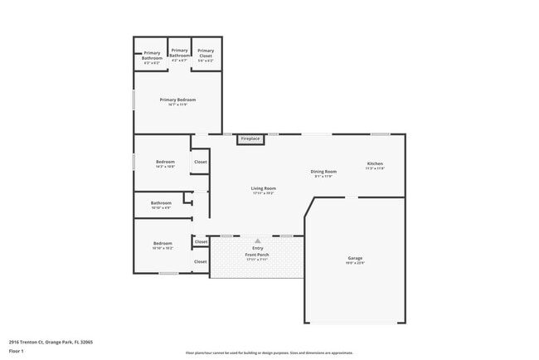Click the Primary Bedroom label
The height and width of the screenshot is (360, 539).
tap(177, 100)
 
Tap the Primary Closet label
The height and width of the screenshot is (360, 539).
tap(205, 53)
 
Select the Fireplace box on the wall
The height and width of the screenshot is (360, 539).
tap(250, 139)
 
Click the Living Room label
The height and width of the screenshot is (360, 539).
tap(263, 188)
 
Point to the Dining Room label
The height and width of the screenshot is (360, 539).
tap(323, 171)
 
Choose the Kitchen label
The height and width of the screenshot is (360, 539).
tap(375, 163)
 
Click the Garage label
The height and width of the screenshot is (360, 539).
tap(355, 258)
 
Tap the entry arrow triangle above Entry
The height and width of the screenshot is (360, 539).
tap(258, 241)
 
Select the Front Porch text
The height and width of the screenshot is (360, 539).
tap(257, 254)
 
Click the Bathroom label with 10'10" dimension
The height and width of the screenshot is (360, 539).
tap(161, 202)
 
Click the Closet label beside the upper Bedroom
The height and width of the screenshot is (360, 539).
tap(201, 162)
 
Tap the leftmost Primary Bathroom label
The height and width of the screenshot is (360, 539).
tap(152, 56)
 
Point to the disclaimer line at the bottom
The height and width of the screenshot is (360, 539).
tap(269, 353)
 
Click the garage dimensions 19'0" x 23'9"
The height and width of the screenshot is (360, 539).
tap(355, 263)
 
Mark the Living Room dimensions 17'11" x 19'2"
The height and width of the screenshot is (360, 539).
tap(263, 193)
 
